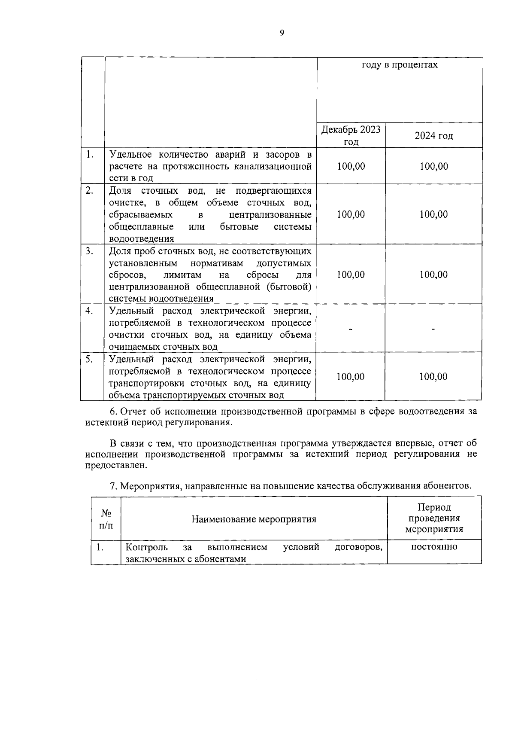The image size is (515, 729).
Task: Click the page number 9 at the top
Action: pos(282,34)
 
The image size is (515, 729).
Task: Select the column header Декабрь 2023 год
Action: pos(351,136)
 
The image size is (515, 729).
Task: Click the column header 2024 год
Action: pos(433,136)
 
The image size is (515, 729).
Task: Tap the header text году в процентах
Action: pos(400,65)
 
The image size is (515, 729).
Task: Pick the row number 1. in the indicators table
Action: pos(89,154)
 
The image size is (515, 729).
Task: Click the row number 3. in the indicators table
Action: pos(89,251)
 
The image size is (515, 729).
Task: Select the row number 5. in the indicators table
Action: pos(89,359)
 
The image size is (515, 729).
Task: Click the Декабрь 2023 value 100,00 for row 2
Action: pos(351,214)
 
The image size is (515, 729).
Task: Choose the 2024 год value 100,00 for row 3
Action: pos(433,275)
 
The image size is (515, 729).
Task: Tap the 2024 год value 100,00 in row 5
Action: pos(433,377)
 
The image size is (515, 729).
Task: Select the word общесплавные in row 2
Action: pos(141,226)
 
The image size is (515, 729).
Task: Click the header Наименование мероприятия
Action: pos(254,519)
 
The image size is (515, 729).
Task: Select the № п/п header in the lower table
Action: pos(106,519)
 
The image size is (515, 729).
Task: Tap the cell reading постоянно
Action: pos(434,547)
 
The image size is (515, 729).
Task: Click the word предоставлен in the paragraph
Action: pos(116,466)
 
